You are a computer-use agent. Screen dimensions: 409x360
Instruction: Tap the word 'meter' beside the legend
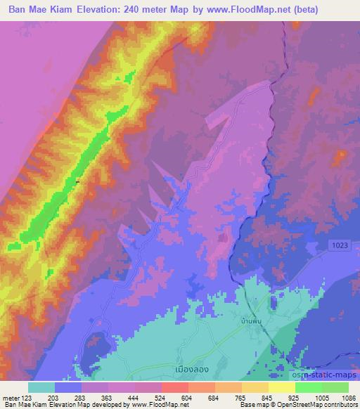(x=12, y=398)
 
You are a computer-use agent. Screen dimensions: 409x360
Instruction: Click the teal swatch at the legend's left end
(x=41, y=387)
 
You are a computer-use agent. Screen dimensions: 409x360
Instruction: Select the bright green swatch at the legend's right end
(x=335, y=387)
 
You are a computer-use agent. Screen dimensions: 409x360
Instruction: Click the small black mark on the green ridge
(x=77, y=182)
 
